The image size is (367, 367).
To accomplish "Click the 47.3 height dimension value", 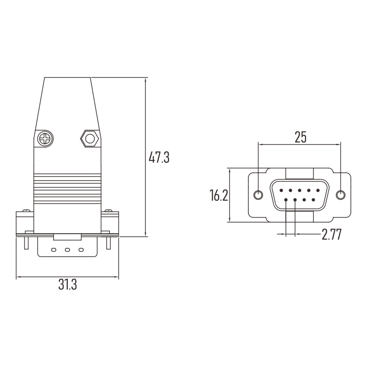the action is [x=159, y=158].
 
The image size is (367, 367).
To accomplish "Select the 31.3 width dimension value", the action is [x=67, y=285].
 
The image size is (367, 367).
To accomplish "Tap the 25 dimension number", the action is [x=300, y=137].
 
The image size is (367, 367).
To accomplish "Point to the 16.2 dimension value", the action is [x=219, y=196].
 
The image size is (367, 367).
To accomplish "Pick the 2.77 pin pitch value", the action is [x=331, y=235].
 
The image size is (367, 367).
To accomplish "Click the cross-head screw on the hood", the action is [x=45, y=138].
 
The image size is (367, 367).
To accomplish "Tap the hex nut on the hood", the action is [x=88, y=138].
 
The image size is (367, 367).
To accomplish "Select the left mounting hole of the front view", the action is [x=258, y=195].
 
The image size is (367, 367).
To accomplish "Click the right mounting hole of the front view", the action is [x=340, y=195].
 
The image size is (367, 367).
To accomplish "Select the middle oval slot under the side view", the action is [x=67, y=250].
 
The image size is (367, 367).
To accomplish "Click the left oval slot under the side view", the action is [x=54, y=250].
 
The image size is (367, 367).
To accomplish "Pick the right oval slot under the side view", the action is [x=81, y=250].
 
